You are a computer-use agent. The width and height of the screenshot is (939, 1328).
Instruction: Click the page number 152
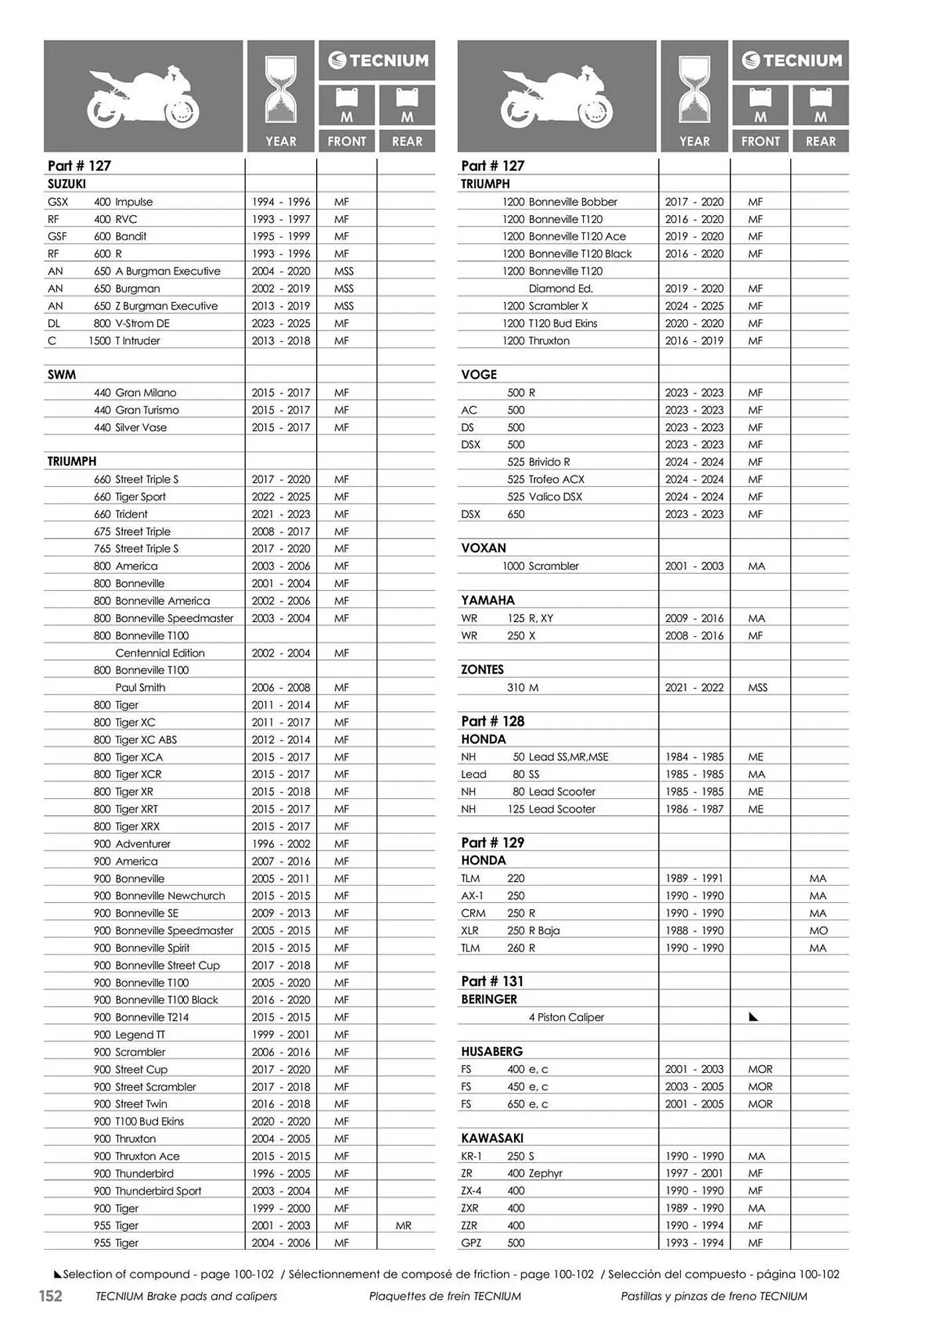tap(50, 1295)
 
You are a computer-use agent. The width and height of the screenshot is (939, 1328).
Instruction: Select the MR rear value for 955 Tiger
tap(404, 1226)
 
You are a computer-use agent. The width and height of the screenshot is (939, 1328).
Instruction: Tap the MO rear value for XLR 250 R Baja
tap(818, 930)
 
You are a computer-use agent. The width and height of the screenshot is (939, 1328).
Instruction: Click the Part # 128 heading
tap(493, 721)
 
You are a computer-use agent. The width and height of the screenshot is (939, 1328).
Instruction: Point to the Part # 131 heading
tap(492, 981)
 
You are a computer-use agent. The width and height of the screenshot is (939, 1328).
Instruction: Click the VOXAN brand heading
tap(483, 548)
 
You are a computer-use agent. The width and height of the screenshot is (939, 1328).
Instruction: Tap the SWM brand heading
tap(62, 374)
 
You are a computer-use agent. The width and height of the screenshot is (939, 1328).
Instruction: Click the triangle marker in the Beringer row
tap(753, 1017)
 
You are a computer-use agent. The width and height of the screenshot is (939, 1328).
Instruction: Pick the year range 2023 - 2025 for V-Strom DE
tap(281, 323)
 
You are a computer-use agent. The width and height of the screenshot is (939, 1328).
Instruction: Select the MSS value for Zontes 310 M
tap(758, 687)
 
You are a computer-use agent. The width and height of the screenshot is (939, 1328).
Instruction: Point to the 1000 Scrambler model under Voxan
tap(541, 566)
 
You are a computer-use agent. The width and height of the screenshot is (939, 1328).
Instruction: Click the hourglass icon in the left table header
tap(281, 90)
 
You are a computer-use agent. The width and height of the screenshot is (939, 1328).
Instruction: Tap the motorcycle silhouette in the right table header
tap(556, 96)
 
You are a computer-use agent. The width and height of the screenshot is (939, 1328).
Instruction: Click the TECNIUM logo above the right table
tap(790, 60)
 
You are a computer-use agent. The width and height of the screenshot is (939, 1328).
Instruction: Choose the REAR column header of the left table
tap(407, 141)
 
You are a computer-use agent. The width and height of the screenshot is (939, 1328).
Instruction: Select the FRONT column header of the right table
tap(760, 141)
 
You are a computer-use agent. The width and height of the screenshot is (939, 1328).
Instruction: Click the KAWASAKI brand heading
tap(492, 1138)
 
